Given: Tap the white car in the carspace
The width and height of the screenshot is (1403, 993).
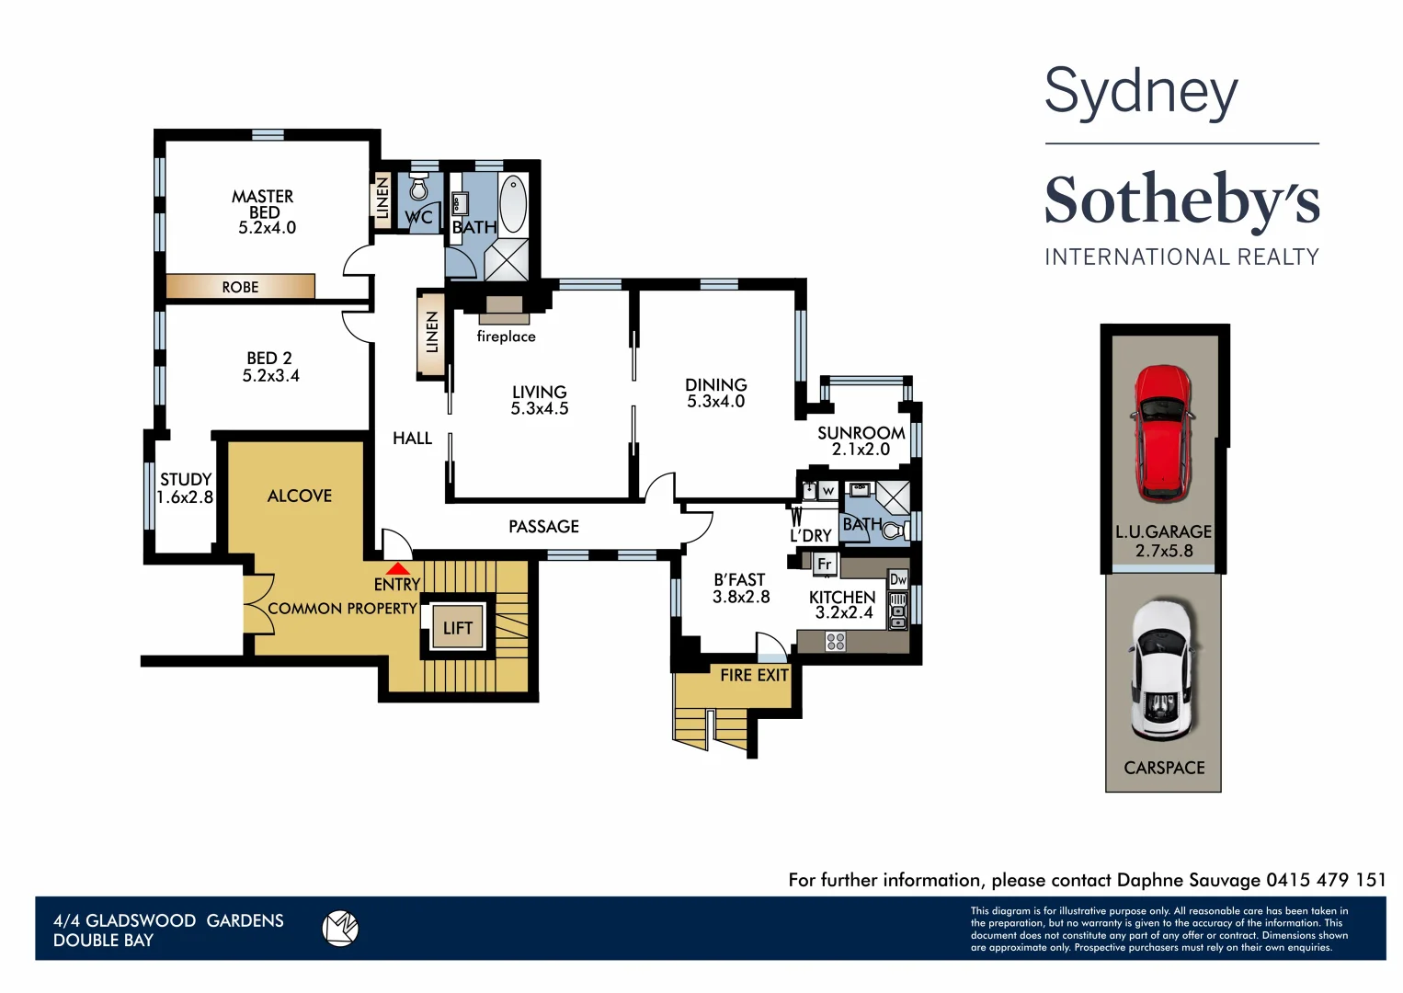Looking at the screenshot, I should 1163,670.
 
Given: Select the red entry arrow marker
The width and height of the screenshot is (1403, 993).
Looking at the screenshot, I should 397,569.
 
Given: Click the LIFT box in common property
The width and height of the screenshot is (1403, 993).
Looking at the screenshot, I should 457,628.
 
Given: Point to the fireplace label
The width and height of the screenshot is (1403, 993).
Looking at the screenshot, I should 506,337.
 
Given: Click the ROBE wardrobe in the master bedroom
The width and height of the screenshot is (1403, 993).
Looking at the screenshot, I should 240,287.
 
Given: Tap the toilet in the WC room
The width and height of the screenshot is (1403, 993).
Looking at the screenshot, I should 419,188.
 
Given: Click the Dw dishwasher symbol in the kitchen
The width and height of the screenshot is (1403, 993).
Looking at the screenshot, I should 898,579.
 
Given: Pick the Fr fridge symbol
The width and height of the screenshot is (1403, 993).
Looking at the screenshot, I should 825,564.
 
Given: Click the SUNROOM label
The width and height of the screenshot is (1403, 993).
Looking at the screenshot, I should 861,432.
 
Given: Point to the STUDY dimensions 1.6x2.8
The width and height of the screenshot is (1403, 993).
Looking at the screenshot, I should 185,497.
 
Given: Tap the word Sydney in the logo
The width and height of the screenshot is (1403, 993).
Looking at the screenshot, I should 1141,93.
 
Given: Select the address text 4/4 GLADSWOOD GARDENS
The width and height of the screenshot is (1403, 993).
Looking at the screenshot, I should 168,920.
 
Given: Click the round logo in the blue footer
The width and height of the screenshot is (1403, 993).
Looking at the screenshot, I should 340,928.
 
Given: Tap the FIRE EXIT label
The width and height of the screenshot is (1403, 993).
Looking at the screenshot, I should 754,675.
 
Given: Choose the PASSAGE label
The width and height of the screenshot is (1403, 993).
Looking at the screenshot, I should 543,526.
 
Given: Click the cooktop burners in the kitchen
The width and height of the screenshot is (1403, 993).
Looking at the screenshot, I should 835,641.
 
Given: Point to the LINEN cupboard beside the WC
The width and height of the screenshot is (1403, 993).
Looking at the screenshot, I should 382,198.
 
